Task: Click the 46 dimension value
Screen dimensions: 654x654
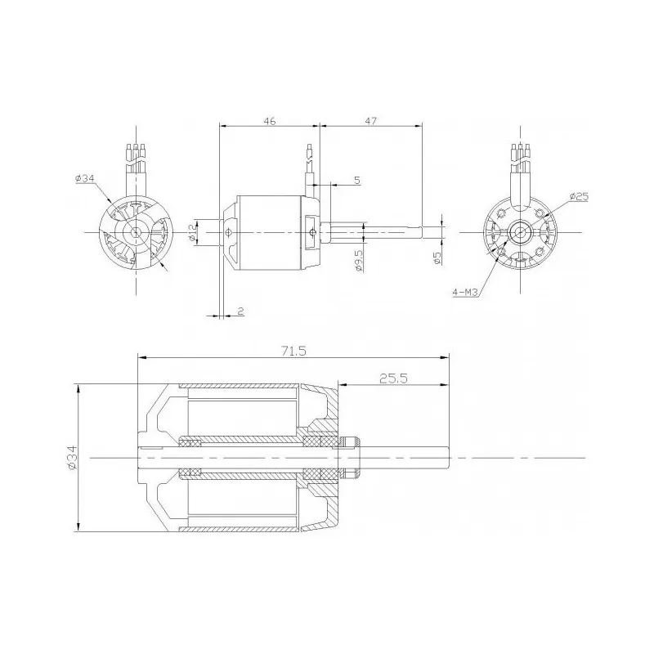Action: coord(270,120)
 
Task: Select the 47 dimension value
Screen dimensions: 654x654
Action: coord(370,120)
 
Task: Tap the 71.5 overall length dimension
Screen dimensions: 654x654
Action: coord(293,351)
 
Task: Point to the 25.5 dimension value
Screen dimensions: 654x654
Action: coord(393,378)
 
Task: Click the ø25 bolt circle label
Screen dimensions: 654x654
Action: coord(578,197)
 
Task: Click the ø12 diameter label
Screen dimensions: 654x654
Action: coord(191,232)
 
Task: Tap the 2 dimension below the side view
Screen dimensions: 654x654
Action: coord(240,311)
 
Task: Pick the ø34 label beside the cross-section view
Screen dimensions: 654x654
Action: coord(71,457)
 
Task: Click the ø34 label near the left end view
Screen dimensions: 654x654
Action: coord(84,179)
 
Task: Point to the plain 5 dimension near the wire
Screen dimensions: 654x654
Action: coord(357,179)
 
